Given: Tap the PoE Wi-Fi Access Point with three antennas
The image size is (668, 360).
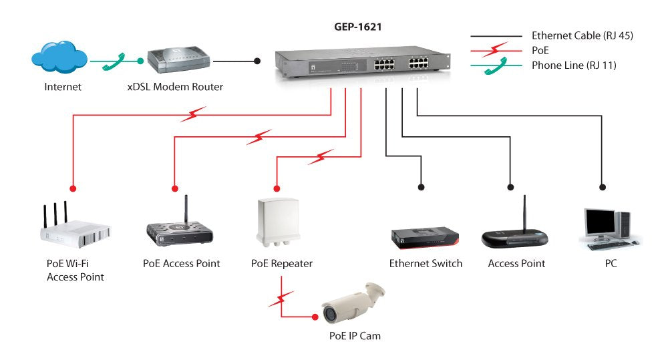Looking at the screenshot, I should tap(73, 227).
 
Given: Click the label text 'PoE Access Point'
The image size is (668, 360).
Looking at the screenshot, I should tap(182, 263).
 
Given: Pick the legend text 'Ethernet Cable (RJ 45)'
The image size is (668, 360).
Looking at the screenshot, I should tap(582, 35).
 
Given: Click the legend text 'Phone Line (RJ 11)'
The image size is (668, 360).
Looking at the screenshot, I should tap(573, 65).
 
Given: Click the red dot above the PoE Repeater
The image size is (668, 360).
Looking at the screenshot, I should tap(276, 187).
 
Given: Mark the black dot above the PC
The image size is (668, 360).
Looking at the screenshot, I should tap(603, 187).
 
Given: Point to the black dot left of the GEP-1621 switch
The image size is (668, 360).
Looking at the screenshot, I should tap(257, 61).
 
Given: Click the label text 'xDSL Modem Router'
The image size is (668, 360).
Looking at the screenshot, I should tap(175, 87).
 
